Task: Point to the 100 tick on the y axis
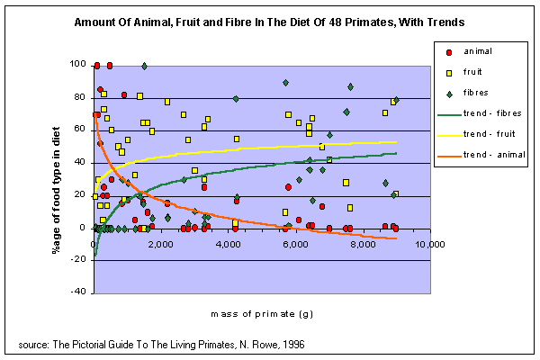click(x=79, y=65)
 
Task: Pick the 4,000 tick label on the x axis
click(x=229, y=244)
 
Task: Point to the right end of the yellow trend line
click(x=397, y=142)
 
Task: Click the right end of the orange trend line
click(x=397, y=238)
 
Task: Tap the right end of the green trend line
click(x=397, y=154)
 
